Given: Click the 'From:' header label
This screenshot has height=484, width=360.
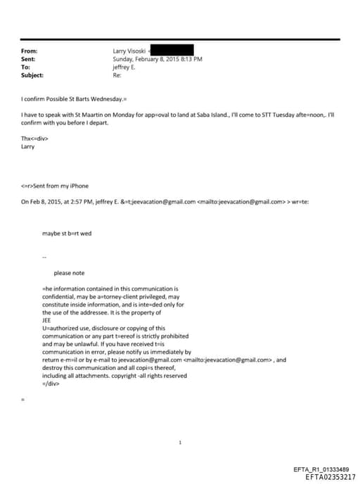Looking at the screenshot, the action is coord(30,51).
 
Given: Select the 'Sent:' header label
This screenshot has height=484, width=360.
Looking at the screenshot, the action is coord(29,59).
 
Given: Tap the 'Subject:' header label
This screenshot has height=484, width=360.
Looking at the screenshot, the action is coord(32,75).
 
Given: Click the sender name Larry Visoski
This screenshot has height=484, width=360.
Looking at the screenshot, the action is coord(129,51).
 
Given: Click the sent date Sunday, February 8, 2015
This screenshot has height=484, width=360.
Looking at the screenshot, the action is coord(147,59).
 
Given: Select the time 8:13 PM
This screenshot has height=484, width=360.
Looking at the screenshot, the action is coord(192,59).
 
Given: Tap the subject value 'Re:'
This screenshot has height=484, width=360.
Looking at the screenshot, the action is coord(117,75).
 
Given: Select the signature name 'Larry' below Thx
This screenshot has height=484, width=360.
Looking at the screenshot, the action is coord(28,147).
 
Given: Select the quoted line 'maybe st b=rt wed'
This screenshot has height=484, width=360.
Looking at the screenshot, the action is coord(67,233).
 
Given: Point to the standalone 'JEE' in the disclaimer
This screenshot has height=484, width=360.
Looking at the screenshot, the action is coord(47,321).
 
